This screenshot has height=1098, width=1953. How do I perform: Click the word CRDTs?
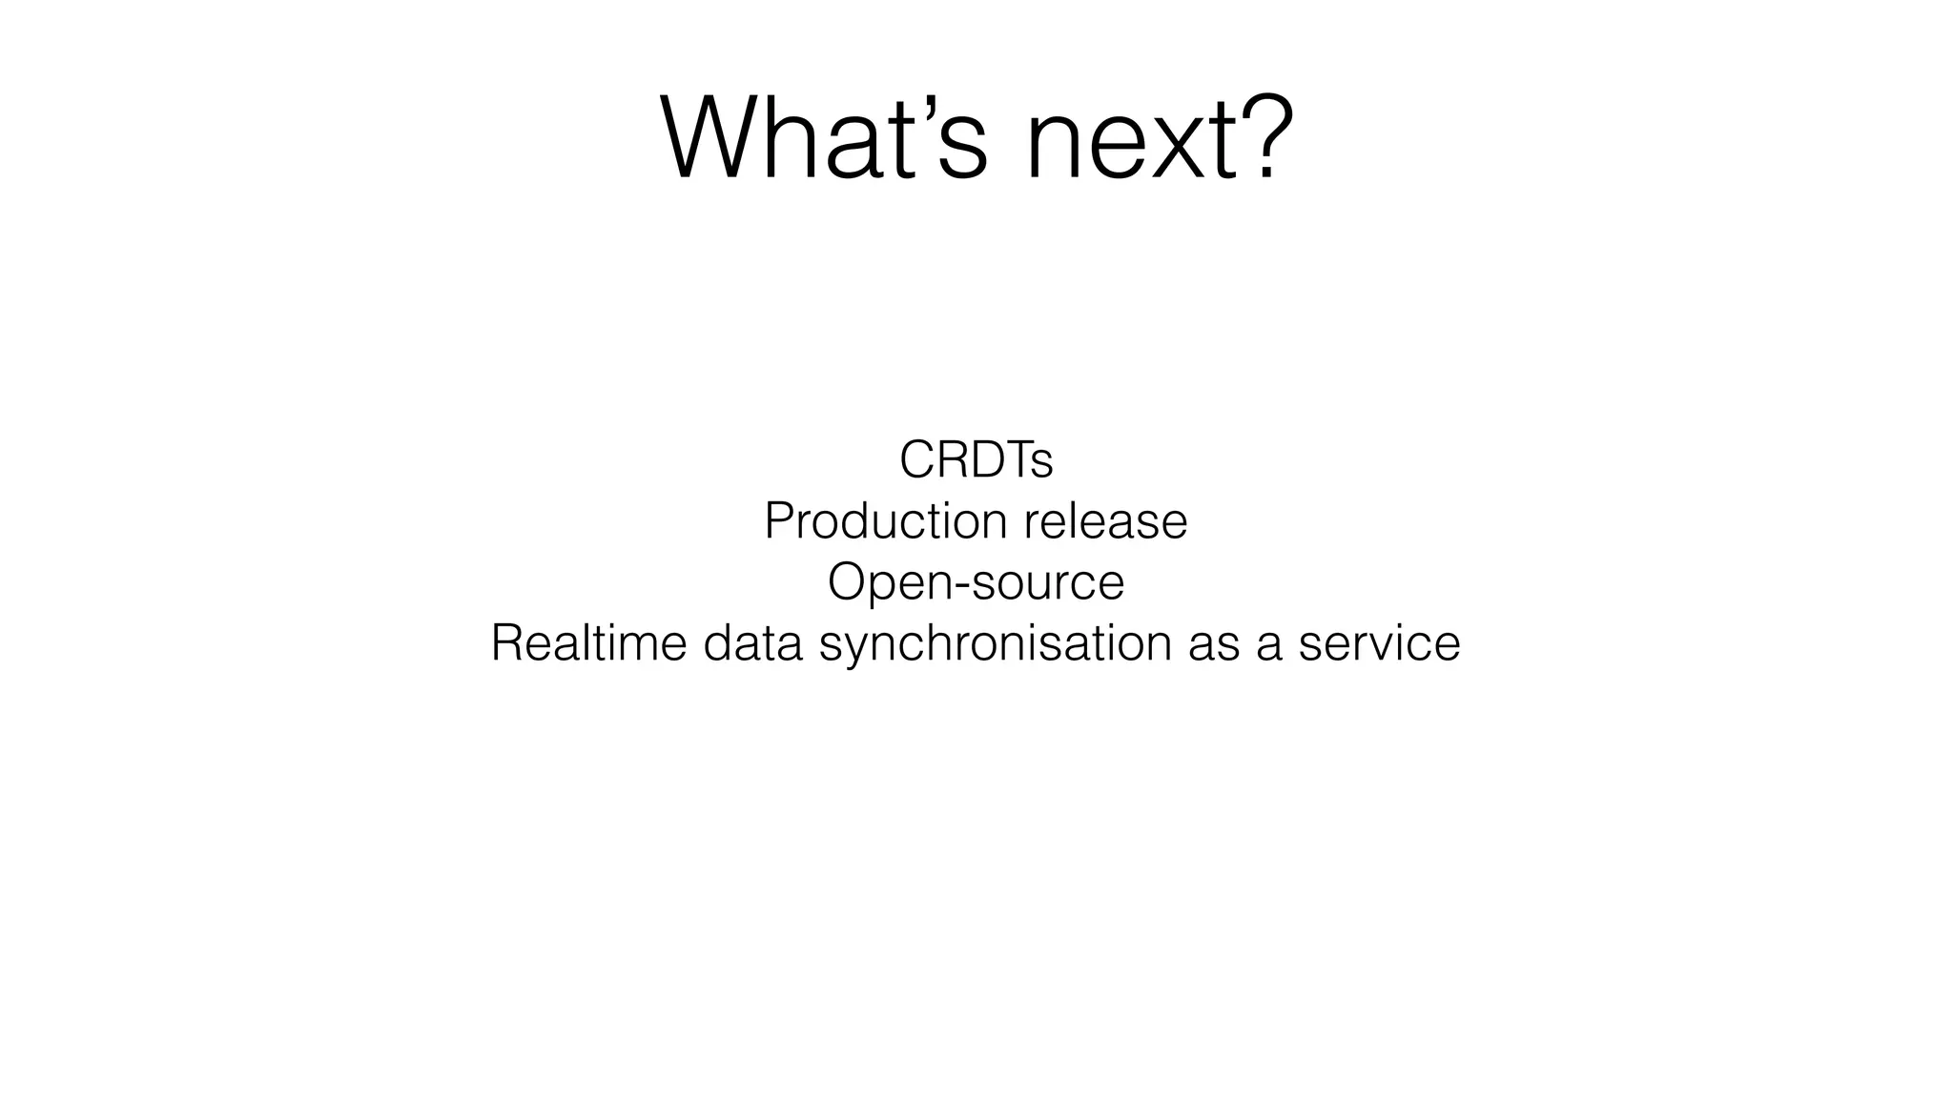[x=976, y=460]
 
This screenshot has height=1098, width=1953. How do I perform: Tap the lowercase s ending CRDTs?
[x=1042, y=465]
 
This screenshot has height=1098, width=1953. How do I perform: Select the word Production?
[x=885, y=521]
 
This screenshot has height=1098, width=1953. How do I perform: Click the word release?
[x=1105, y=521]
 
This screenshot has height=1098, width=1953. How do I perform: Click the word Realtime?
[x=588, y=642]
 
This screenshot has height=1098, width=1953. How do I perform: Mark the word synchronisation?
[x=995, y=643]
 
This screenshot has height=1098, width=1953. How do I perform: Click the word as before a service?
[x=1213, y=645]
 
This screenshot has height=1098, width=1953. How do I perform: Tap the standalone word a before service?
[x=1268, y=645]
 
